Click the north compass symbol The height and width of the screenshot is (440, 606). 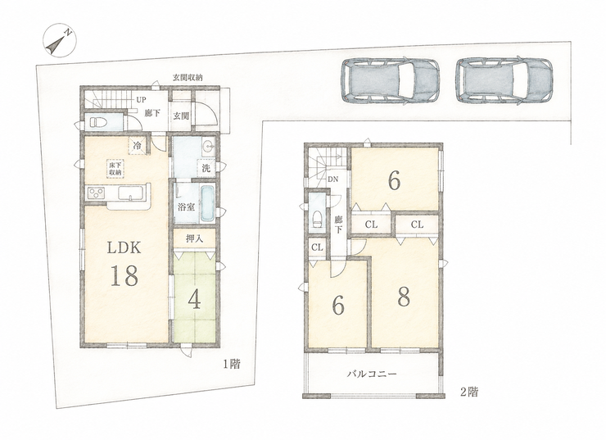[60, 40]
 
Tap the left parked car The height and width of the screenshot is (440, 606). [390, 81]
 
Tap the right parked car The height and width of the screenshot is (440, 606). [504, 81]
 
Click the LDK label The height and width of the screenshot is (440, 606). [124, 247]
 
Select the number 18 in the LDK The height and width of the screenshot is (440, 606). [124, 275]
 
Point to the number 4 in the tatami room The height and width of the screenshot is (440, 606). [194, 300]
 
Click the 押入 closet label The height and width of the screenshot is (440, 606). [194, 238]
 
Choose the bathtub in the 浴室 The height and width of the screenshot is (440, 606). [207, 204]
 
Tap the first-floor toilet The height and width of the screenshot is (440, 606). [97, 123]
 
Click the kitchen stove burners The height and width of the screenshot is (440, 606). [96, 193]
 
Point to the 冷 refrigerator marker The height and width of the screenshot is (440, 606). [138, 146]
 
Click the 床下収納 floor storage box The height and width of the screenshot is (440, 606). [115, 170]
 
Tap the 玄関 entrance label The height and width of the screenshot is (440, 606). [181, 116]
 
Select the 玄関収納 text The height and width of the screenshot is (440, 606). [188, 78]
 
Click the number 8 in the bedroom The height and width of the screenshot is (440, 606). [404, 297]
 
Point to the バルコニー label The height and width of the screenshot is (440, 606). [372, 374]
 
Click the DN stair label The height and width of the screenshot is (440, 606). [332, 179]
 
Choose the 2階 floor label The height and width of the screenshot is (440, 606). [469, 392]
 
